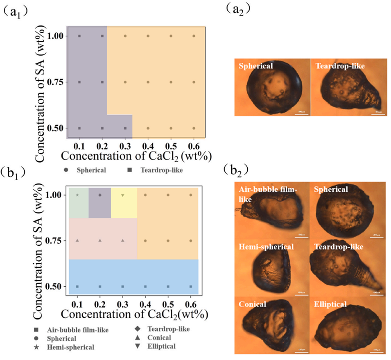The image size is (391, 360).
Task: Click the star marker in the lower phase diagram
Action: (x=77, y=195)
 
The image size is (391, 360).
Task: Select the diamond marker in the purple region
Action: (x=100, y=195)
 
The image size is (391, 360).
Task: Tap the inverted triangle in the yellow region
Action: (x=123, y=195)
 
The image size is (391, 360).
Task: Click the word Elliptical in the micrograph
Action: (x=331, y=304)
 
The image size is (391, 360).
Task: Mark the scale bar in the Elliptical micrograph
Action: (x=377, y=351)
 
